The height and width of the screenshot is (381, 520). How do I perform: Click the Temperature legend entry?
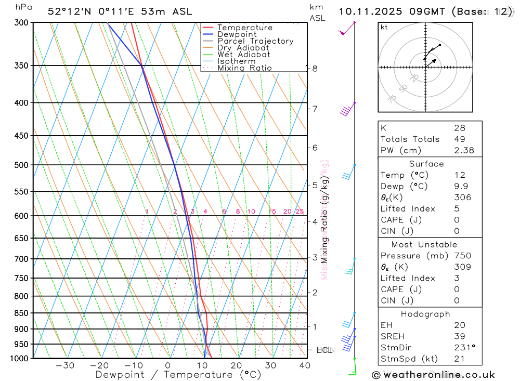click(x=244, y=28)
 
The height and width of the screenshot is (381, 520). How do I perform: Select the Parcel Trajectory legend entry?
click(x=255, y=41)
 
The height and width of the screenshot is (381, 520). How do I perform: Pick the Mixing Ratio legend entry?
click(x=244, y=68)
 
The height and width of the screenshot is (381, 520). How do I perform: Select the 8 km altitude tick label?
click(x=315, y=69)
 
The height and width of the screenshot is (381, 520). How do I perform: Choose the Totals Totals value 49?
click(x=459, y=139)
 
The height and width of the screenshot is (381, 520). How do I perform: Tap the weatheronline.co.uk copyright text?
click(x=433, y=375)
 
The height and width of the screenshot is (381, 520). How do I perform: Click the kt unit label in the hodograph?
click(x=384, y=28)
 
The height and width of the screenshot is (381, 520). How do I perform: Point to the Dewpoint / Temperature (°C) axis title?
click(x=178, y=375)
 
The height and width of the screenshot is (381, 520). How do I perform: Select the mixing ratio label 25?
click(x=300, y=212)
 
